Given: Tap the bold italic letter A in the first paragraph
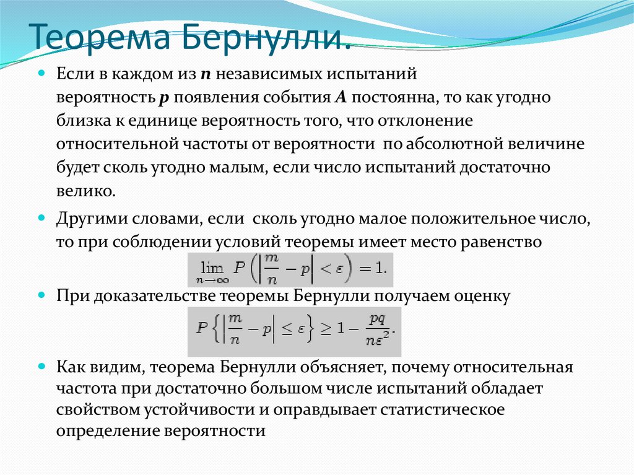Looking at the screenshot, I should pos(339,98).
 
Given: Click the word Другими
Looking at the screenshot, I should pos(90,219).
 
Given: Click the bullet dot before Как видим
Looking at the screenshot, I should pos(43,365).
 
